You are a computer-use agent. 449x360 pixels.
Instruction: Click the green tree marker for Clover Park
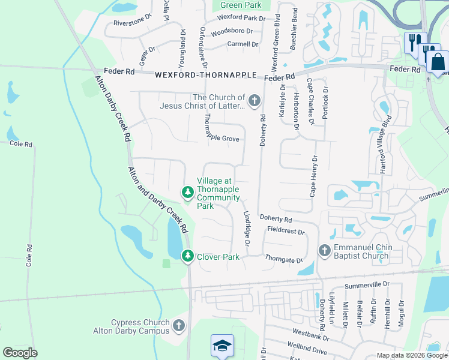(x=188, y=256)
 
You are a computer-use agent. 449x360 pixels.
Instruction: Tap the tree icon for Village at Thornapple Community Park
(x=188, y=192)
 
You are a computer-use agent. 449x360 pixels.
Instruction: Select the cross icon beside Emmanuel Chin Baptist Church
(x=324, y=250)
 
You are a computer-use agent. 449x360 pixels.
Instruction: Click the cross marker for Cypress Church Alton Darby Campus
(x=178, y=326)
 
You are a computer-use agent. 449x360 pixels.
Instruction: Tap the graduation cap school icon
(x=221, y=346)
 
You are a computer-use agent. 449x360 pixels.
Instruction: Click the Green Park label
(x=241, y=5)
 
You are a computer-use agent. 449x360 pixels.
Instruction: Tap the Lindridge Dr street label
(x=246, y=227)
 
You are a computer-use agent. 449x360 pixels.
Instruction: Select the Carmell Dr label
(x=243, y=44)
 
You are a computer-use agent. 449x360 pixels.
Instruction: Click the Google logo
(x=20, y=353)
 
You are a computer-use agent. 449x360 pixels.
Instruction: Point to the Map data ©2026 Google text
(x=411, y=355)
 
